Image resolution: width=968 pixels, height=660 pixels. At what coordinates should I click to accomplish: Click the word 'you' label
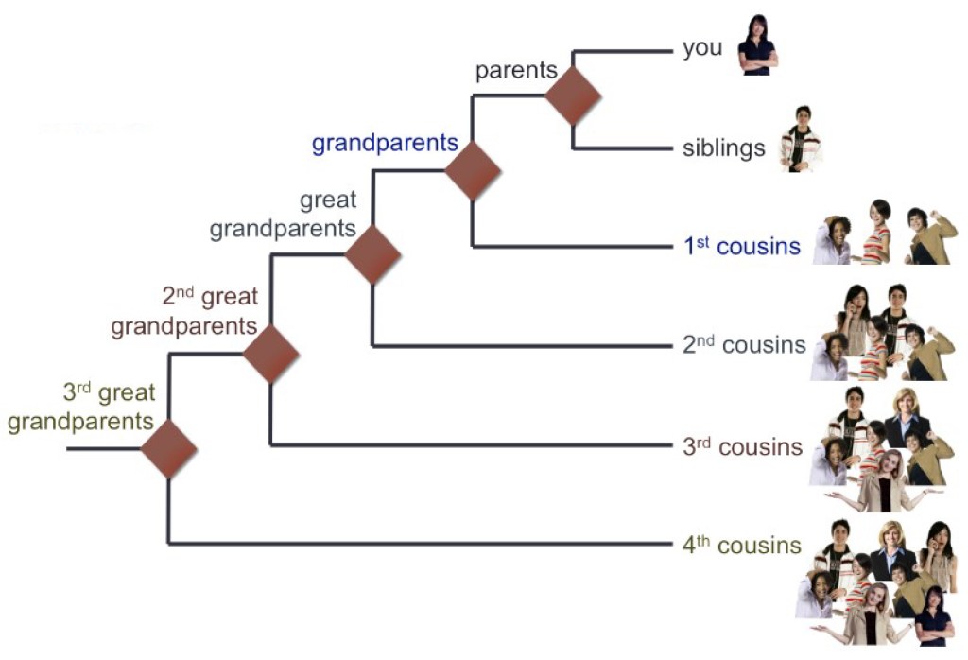pyautogui.click(x=702, y=48)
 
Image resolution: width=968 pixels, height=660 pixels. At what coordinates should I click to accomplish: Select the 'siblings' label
pyautogui.click(x=723, y=148)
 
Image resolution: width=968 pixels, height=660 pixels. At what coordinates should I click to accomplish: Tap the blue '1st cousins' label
pyautogui.click(x=742, y=247)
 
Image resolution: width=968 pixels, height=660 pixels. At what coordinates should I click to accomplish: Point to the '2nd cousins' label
pyautogui.click(x=744, y=345)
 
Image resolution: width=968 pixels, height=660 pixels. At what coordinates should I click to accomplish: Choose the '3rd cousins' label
pyautogui.click(x=743, y=446)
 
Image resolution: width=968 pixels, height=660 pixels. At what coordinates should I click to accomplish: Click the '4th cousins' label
pyautogui.click(x=742, y=546)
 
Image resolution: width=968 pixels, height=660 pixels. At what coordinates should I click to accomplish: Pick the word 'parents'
pyautogui.click(x=516, y=71)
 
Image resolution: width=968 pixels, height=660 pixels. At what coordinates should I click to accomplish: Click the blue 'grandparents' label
pyautogui.click(x=385, y=144)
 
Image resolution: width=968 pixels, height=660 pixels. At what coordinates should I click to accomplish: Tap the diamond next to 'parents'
pyautogui.click(x=574, y=96)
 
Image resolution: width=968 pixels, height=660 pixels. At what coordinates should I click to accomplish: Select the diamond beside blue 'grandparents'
pyautogui.click(x=473, y=170)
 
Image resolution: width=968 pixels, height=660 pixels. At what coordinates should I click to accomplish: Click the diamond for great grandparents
pyautogui.click(x=372, y=254)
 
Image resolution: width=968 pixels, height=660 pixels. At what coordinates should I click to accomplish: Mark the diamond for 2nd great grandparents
pyautogui.click(x=270, y=354)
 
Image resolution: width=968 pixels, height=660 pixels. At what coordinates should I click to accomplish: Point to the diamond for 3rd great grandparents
pyautogui.click(x=168, y=448)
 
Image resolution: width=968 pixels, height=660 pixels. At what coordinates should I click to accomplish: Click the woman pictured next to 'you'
pyautogui.click(x=757, y=44)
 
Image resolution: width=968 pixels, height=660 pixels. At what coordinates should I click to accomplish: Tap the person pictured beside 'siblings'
pyautogui.click(x=800, y=139)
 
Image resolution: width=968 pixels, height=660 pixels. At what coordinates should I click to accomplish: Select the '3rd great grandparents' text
pyautogui.click(x=80, y=407)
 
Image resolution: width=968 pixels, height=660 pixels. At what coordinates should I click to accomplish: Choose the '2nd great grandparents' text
pyautogui.click(x=184, y=312)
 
